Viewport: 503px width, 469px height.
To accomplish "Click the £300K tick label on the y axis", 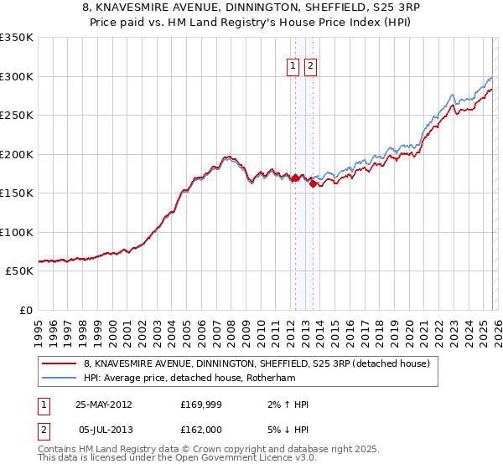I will (16, 76).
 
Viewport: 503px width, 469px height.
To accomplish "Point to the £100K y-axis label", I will (16, 232).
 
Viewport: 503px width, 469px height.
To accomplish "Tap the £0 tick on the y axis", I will (23, 310).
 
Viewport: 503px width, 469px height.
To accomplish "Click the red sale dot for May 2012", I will (295, 178).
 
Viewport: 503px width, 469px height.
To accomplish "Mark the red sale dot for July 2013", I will (312, 184).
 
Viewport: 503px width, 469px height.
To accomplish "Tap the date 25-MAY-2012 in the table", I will (103, 405).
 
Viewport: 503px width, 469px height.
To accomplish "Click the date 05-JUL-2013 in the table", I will (103, 430).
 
